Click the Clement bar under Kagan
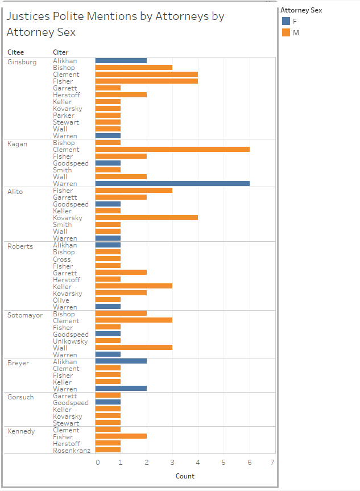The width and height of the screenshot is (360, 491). [x=172, y=150]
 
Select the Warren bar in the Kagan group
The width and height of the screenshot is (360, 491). [x=172, y=184]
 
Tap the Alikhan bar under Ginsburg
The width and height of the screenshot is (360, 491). [x=121, y=60]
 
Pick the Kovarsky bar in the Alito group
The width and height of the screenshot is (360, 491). [x=146, y=218]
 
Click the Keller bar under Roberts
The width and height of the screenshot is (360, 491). [x=134, y=287]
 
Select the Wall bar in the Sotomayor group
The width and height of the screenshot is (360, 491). [x=134, y=348]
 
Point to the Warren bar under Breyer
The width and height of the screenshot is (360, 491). [x=121, y=389]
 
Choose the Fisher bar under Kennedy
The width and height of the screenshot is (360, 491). [x=121, y=437]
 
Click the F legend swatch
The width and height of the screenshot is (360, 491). [x=286, y=21]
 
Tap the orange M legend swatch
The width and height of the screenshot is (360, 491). [x=286, y=32]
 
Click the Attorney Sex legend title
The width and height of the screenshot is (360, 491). [x=301, y=10]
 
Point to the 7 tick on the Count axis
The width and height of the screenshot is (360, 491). [x=272, y=462]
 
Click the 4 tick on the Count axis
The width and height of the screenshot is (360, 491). [x=198, y=462]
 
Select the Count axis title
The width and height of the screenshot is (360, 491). [x=185, y=476]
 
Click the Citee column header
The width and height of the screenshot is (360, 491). [x=15, y=52]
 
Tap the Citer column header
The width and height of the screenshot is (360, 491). [x=61, y=52]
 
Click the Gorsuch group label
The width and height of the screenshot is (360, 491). [x=21, y=397]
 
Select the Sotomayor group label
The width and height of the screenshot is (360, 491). [x=25, y=315]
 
